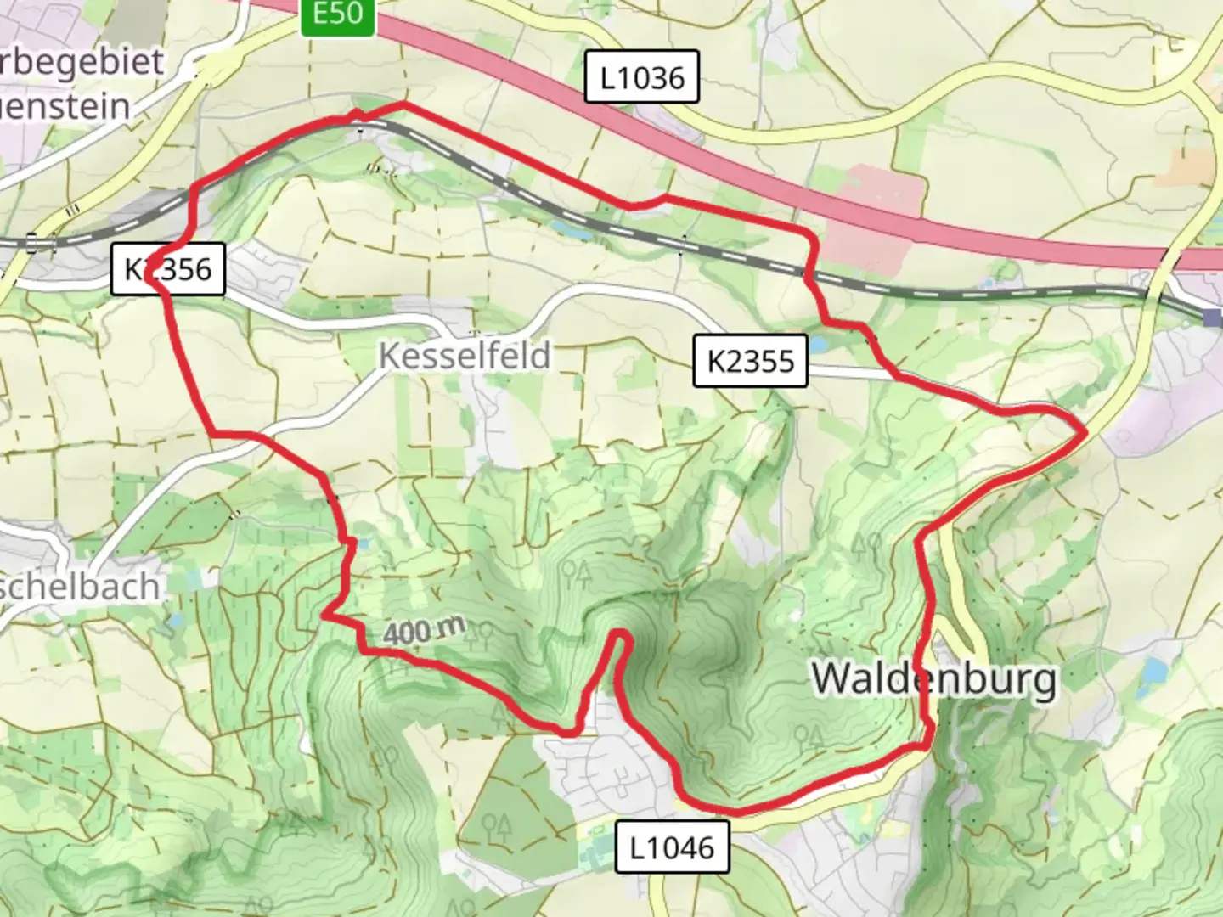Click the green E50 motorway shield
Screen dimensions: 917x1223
(337, 15)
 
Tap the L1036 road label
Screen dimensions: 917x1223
(642, 78)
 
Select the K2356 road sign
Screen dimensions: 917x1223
(168, 270)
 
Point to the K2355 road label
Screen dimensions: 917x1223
(750, 361)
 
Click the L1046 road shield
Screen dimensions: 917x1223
(672, 847)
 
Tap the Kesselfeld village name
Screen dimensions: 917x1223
(465, 355)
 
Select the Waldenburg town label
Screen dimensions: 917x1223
(934, 678)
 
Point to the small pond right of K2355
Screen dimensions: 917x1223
(818, 345)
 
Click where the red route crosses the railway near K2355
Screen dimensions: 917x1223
(808, 273)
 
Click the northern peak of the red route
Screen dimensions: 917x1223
(402, 104)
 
